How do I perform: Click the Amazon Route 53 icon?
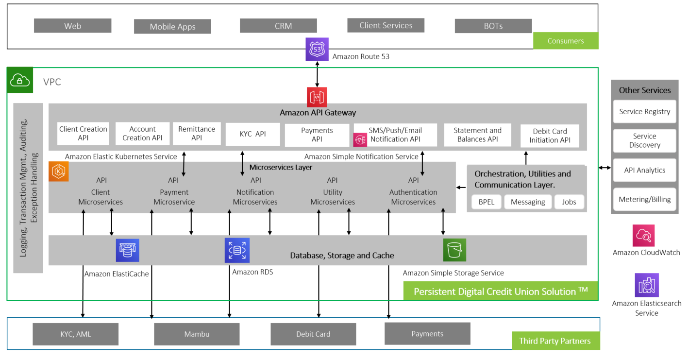[x=317, y=49]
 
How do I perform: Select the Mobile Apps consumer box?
[x=172, y=27]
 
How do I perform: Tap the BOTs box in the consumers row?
[x=493, y=26]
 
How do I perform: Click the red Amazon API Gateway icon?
[x=317, y=97]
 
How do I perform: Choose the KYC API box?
[x=252, y=134]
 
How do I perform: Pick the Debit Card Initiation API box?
[x=550, y=136]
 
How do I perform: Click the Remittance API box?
[x=196, y=134]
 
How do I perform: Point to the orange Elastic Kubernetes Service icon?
[x=59, y=171]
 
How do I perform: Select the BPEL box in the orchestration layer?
[x=486, y=202]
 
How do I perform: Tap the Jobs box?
[x=569, y=202]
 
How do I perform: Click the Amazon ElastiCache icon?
[x=128, y=250]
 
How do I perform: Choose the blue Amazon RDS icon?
[x=237, y=250]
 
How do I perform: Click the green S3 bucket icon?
[x=454, y=250]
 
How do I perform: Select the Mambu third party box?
[x=197, y=334]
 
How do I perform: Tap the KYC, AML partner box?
[x=75, y=334]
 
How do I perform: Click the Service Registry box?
[x=644, y=112]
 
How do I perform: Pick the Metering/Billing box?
[x=644, y=199]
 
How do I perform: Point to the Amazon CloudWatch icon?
[x=643, y=236]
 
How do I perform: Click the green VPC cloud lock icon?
[x=20, y=80]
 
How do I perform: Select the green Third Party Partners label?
[x=555, y=341]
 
